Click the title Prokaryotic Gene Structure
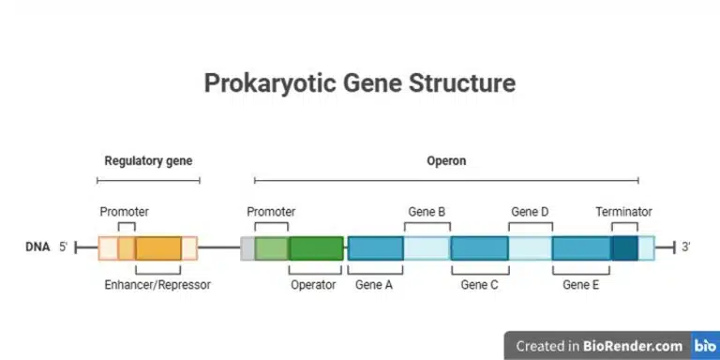coord(360,82)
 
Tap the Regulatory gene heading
coord(148,160)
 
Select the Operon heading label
coord(446,160)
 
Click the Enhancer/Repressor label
coord(157,285)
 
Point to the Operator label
coord(313,285)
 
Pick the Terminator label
coord(623,212)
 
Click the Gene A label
coord(374,285)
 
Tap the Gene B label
coord(427,212)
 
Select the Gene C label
coord(479,285)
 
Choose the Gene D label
coord(530,212)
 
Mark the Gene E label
coord(580,285)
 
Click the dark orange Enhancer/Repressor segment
coord(157,248)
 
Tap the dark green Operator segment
coord(316,248)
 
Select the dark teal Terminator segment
coord(624,248)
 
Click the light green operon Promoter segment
coord(271,248)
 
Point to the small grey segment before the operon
coord(247,248)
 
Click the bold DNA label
coord(37,247)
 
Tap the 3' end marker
coord(686,247)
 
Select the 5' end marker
coord(64,247)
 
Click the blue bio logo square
coord(705,346)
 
